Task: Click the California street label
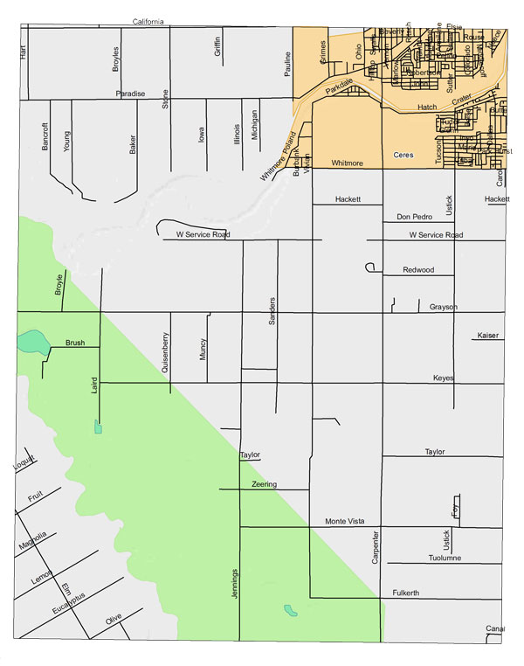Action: (x=148, y=22)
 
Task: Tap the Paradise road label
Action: (x=130, y=94)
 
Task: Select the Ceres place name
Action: (x=403, y=153)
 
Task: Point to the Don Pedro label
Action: (x=414, y=217)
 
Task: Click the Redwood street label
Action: (x=418, y=270)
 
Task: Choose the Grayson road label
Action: (x=444, y=307)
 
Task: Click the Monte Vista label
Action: (x=344, y=521)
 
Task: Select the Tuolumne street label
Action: (x=445, y=558)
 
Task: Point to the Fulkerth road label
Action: (x=405, y=593)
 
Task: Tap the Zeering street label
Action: (x=264, y=484)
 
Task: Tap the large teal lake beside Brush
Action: (x=33, y=340)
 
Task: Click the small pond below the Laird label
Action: (x=99, y=427)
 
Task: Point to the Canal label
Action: (x=495, y=628)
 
